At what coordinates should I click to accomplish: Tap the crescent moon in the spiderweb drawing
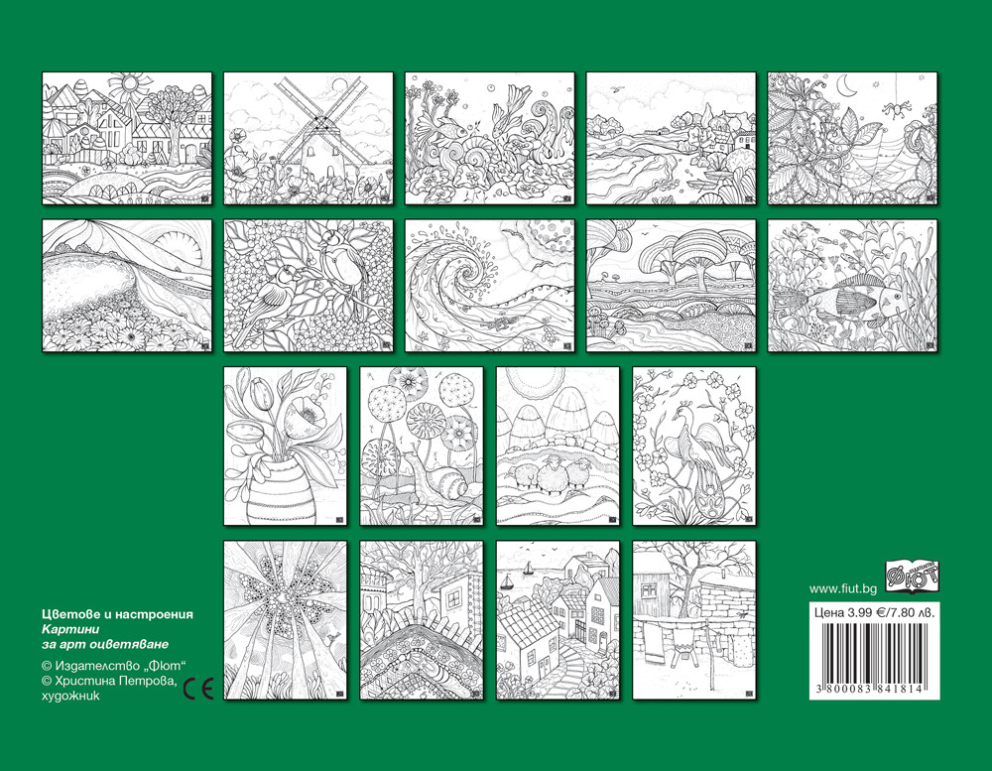click(845, 83)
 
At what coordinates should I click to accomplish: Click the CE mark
click(198, 688)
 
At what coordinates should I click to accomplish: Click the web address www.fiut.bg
click(842, 588)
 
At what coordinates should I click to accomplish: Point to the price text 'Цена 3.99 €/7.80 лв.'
click(874, 612)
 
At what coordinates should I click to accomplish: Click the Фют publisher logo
click(912, 577)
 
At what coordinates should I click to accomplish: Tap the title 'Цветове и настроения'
click(117, 614)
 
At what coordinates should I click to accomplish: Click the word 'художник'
click(70, 696)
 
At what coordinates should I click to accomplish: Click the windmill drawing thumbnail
click(309, 138)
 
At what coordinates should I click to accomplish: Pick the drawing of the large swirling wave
click(490, 286)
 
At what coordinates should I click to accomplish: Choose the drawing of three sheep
click(558, 446)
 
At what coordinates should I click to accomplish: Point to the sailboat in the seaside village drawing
click(507, 581)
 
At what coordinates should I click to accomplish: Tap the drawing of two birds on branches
click(309, 286)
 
